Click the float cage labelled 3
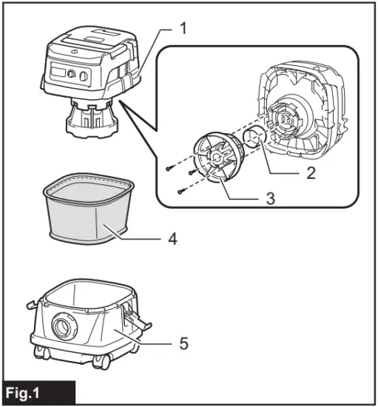pyautogui.click(x=215, y=156)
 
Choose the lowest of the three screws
pyautogui.click(x=180, y=191)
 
